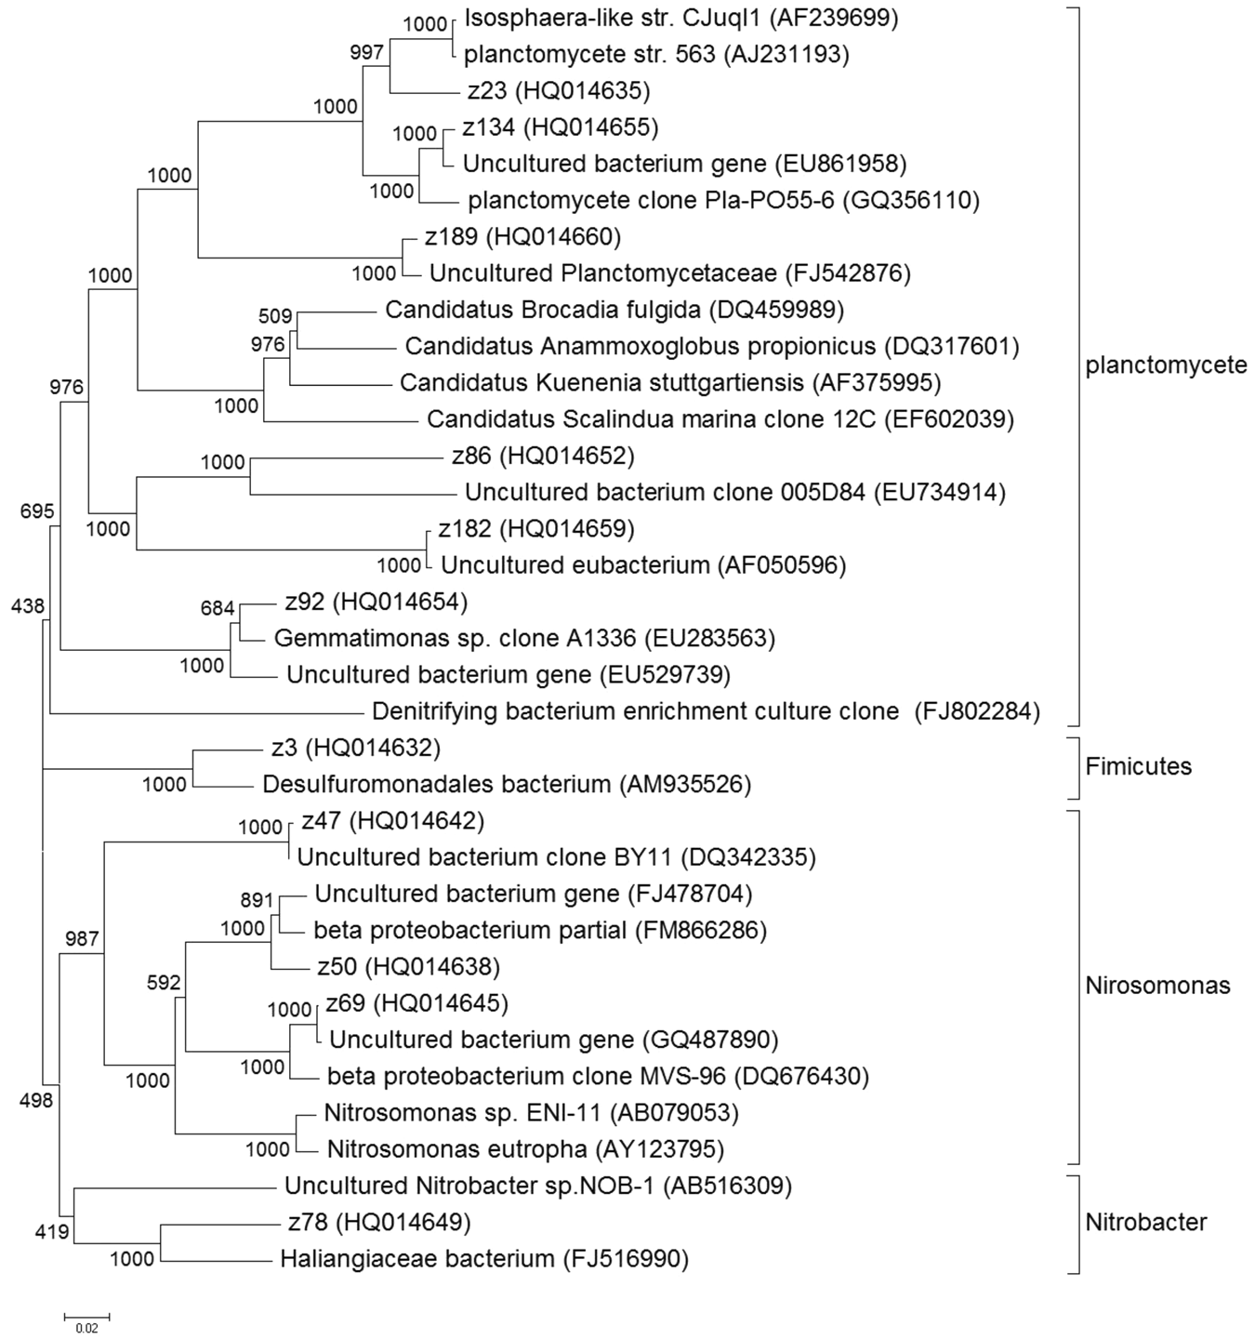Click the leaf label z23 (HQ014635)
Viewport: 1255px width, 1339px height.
pos(558,90)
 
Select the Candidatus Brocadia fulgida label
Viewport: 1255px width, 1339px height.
pos(614,309)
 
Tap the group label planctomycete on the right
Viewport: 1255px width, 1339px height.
pos(1166,365)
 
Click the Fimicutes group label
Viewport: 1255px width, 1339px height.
pos(1138,766)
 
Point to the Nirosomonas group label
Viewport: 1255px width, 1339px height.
pos(1157,986)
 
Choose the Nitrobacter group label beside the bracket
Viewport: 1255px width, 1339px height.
pos(1145,1222)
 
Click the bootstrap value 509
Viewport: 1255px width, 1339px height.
pos(275,316)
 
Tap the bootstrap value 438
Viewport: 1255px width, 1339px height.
pos(28,606)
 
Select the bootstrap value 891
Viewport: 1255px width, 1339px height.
pos(257,900)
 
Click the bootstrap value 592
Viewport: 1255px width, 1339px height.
pos(164,982)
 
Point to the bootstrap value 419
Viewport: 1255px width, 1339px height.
pos(52,1232)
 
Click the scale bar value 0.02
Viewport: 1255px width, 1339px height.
pos(86,1328)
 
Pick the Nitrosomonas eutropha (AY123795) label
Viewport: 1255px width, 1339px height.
pos(524,1149)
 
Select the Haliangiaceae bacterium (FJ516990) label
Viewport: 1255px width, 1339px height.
pos(483,1259)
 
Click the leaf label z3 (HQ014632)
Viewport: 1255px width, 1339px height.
pos(355,748)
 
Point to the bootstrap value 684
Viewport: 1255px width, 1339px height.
pos(218,608)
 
